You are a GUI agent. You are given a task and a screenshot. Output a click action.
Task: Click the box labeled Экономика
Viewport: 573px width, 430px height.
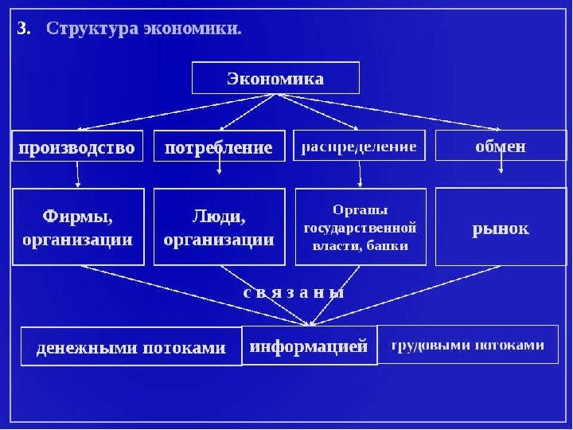pos(275,78)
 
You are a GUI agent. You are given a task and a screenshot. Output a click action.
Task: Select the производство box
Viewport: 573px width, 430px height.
pos(77,147)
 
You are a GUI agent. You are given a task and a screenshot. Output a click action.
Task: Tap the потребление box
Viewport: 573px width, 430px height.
pos(218,147)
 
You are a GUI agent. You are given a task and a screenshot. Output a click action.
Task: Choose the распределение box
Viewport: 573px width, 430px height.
pos(359,147)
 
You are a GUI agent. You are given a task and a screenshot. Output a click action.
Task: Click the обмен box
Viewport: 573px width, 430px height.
pos(500,147)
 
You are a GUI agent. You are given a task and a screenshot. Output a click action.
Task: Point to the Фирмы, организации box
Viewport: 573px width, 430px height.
pos(78,227)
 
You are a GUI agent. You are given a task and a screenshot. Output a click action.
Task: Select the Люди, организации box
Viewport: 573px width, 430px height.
pos(219,227)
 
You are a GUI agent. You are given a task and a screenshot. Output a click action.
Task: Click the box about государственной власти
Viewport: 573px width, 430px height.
pos(360,227)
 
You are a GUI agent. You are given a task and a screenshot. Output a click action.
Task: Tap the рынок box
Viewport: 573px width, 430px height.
pos(500,229)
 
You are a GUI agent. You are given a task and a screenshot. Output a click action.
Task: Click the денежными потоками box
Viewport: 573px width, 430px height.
pos(131,347)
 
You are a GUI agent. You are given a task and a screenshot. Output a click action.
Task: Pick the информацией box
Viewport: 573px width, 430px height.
pos(309,346)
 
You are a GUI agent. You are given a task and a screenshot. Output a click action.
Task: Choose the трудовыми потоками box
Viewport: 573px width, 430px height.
pos(468,345)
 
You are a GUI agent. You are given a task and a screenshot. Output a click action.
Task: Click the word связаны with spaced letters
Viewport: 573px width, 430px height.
pos(294,291)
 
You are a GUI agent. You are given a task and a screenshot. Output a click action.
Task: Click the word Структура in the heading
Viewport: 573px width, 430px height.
pos(92,29)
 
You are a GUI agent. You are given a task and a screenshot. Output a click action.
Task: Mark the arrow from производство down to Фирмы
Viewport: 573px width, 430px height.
pos(78,174)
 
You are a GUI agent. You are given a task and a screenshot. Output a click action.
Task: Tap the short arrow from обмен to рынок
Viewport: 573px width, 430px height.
pos(501,164)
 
